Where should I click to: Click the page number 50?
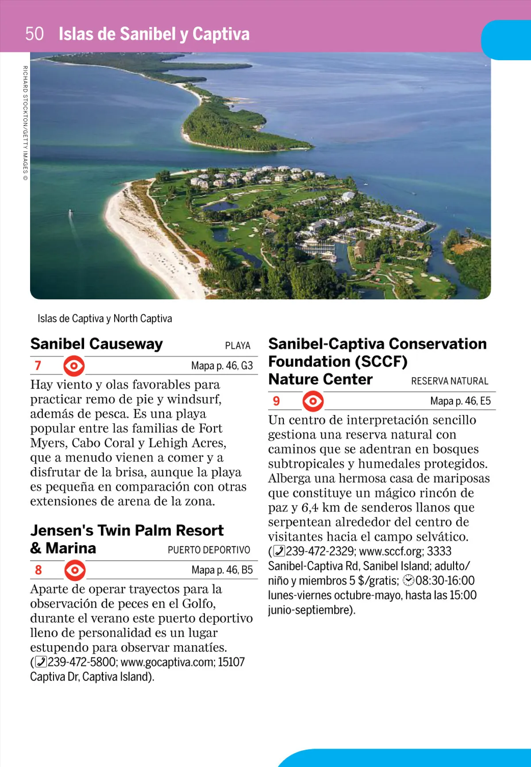(x=34, y=34)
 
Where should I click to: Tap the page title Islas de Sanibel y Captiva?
(x=154, y=34)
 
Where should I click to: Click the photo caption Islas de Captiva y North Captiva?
(x=104, y=318)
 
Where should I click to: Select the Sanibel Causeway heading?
(x=96, y=344)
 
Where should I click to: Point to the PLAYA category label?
(x=238, y=345)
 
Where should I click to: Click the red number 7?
(x=38, y=365)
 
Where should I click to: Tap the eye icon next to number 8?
(x=75, y=570)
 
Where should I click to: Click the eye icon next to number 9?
(x=313, y=401)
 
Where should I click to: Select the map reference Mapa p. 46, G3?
(x=222, y=366)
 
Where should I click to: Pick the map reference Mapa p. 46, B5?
(x=222, y=570)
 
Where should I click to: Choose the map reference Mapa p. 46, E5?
(x=460, y=401)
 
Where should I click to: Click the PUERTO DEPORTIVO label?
(x=209, y=550)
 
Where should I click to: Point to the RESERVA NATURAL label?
(x=450, y=381)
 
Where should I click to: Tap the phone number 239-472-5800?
(x=81, y=662)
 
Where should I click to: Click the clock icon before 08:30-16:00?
(x=408, y=581)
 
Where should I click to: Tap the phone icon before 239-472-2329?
(x=279, y=551)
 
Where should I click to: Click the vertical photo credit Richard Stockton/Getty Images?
(x=25, y=123)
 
